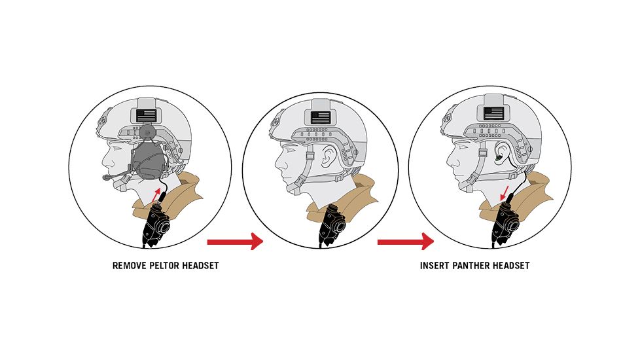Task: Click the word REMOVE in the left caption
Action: (130, 266)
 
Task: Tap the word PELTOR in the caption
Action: (164, 266)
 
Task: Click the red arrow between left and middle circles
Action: (235, 242)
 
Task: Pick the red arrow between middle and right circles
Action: (405, 242)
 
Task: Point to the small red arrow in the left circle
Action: (156, 194)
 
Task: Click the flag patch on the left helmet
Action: (147, 115)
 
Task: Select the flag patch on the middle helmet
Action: (321, 118)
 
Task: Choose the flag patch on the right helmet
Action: (493, 113)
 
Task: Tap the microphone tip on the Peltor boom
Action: (106, 177)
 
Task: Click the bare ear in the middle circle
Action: (328, 156)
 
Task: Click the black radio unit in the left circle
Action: (154, 224)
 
